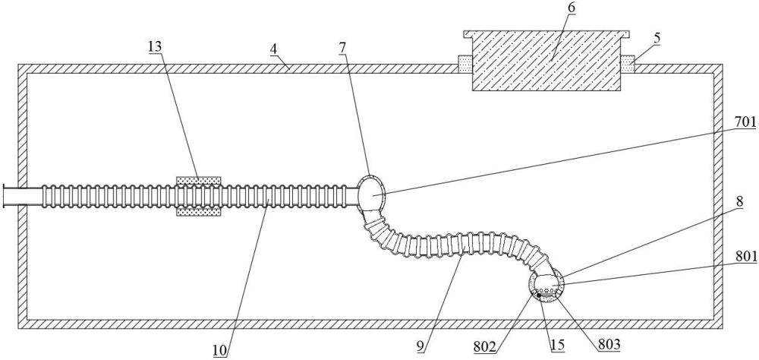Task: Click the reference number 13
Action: coord(155,47)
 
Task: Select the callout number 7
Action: coord(343,47)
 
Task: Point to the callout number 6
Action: coord(572,8)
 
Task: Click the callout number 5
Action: coord(657,38)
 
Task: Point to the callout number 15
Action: coord(558,345)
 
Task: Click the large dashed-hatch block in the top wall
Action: coord(546,61)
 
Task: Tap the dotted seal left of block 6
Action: coord(465,64)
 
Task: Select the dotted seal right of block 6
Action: coord(628,64)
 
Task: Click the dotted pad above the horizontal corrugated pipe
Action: coord(198,182)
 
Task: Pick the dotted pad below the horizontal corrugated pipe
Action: coord(198,212)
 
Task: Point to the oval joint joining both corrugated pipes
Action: coord(371,193)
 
